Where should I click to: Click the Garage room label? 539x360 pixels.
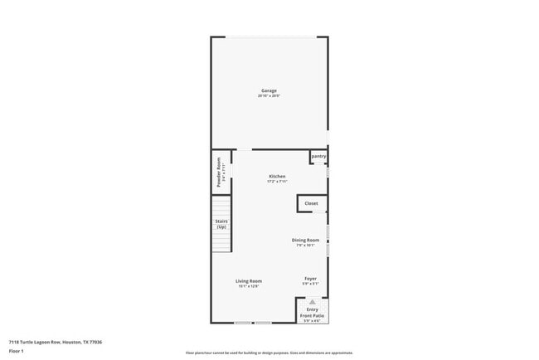pyautogui.click(x=269, y=90)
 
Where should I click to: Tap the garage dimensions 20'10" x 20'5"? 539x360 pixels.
pyautogui.click(x=269, y=96)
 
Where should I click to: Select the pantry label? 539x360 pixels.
pyautogui.click(x=318, y=156)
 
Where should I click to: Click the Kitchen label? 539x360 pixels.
pyautogui.click(x=277, y=176)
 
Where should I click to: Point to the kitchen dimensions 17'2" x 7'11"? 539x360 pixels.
pyautogui.click(x=277, y=181)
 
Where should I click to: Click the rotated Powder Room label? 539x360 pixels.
pyautogui.click(x=219, y=172)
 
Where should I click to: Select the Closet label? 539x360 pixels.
pyautogui.click(x=311, y=203)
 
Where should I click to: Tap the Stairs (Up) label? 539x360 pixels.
pyautogui.click(x=222, y=224)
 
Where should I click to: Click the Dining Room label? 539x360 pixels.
pyautogui.click(x=305, y=240)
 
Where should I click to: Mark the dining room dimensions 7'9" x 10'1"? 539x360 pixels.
pyautogui.click(x=305, y=245)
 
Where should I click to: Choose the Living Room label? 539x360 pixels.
pyautogui.click(x=249, y=280)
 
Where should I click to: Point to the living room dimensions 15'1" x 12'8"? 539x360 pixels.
pyautogui.click(x=249, y=286)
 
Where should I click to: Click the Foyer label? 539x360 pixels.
pyautogui.click(x=310, y=278)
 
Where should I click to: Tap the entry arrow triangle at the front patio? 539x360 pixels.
pyautogui.click(x=313, y=302)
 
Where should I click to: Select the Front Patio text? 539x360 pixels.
pyautogui.click(x=313, y=315)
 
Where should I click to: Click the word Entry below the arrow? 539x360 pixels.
pyautogui.click(x=313, y=309)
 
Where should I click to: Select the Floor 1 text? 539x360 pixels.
pyautogui.click(x=17, y=351)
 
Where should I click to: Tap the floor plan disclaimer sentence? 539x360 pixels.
pyautogui.click(x=269, y=353)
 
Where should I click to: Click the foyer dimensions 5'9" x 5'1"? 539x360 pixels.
pyautogui.click(x=310, y=284)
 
